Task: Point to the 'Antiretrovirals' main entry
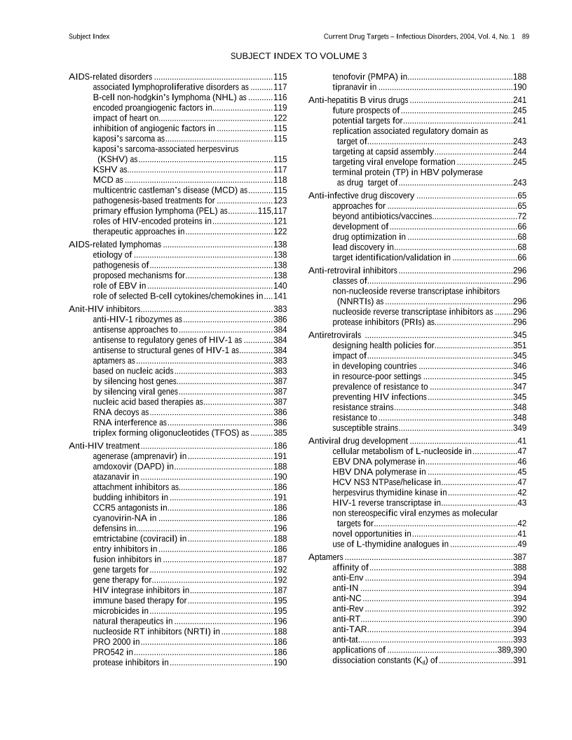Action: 335,335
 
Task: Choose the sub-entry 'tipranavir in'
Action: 355,87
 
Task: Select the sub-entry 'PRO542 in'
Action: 114,652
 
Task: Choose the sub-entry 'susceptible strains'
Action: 365,427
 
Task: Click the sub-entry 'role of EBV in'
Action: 119,286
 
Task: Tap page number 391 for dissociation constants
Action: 519,661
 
